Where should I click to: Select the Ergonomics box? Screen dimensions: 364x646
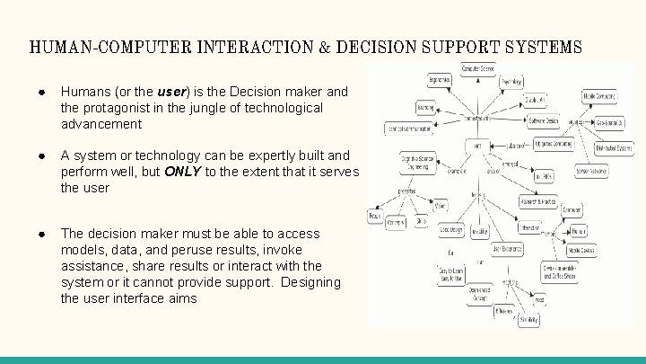439,80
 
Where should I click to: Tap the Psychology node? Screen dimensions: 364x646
511,81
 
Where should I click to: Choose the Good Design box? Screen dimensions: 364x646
451,228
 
